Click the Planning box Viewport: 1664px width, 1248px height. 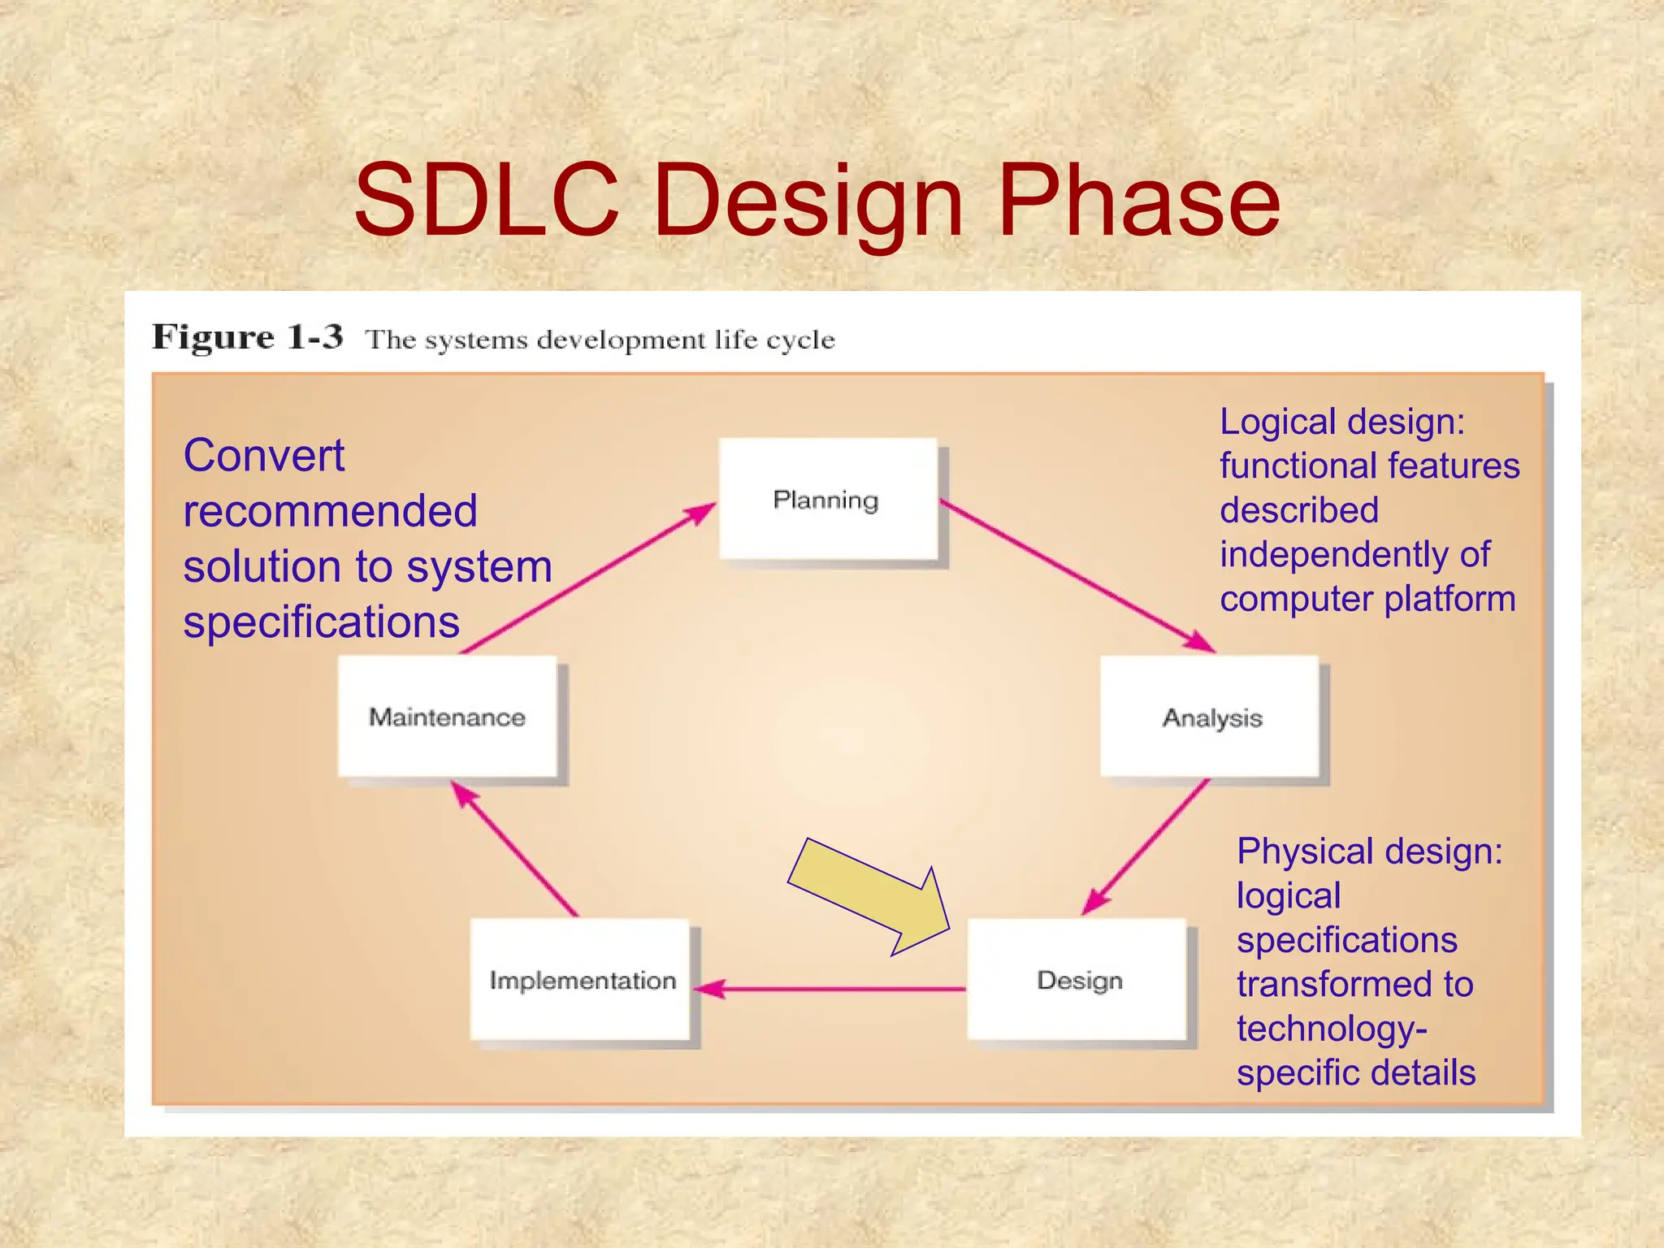click(x=827, y=499)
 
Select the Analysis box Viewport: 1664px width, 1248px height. click(x=1210, y=717)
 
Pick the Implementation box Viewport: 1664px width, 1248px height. click(x=581, y=980)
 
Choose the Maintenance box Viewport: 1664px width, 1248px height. click(x=447, y=717)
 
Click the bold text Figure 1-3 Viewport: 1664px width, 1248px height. click(x=248, y=337)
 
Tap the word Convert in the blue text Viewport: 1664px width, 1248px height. click(x=264, y=455)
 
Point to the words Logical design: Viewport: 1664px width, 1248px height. click(x=1341, y=422)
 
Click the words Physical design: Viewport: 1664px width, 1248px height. click(x=1369, y=851)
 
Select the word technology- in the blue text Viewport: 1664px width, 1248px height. click(x=1331, y=1029)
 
